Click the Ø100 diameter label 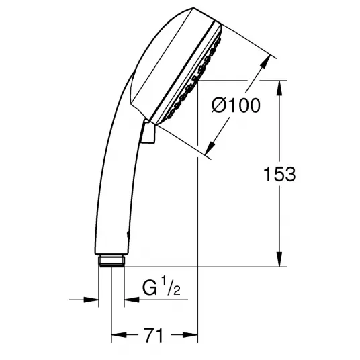[x=236, y=105]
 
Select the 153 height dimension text [x=279, y=174]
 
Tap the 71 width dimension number [x=153, y=335]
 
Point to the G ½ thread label [x=161, y=286]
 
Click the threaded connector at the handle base [x=111, y=261]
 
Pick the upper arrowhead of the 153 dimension [x=279, y=87]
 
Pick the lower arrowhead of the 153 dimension [x=279, y=259]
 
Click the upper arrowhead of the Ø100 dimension [x=265, y=61]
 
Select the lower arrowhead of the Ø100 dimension [x=210, y=148]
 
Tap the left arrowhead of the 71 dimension [x=119, y=335]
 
